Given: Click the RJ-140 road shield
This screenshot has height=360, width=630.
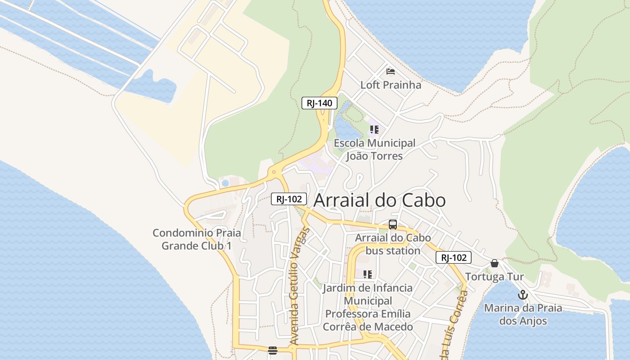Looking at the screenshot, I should click(319, 103).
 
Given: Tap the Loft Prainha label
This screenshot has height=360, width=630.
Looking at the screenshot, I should click(391, 85).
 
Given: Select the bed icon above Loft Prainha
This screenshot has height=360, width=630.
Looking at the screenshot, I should click(390, 72).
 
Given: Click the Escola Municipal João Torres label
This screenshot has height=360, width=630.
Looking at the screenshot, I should click(374, 149).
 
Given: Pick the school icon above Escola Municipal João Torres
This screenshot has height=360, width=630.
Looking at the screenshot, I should click(374, 130).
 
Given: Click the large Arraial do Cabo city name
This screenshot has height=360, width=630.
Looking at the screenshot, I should click(379, 200).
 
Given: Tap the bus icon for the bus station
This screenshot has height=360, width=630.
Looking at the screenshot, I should click(393, 225).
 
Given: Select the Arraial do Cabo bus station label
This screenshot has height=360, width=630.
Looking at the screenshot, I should click(393, 244).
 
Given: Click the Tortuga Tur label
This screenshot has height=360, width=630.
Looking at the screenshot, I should click(495, 276).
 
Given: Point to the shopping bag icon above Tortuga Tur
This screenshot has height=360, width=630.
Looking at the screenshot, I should click(495, 263).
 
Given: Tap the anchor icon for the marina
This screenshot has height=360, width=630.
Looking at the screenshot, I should click(522, 295).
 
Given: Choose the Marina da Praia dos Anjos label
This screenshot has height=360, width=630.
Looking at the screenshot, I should click(523, 315).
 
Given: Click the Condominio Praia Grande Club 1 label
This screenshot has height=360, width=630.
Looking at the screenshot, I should click(197, 239).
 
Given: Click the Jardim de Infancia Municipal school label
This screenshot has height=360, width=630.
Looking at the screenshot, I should click(368, 307).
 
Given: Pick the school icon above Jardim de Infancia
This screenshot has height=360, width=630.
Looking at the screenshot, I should click(368, 274).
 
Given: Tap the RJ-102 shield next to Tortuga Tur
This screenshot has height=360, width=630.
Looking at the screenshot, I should click(453, 257).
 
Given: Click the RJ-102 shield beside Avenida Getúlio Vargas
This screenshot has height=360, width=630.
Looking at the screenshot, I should click(289, 198).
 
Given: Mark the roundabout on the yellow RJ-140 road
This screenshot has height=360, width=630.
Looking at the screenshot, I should click(273, 172).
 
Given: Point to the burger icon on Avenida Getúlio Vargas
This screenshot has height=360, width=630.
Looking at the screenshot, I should click(272, 350).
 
